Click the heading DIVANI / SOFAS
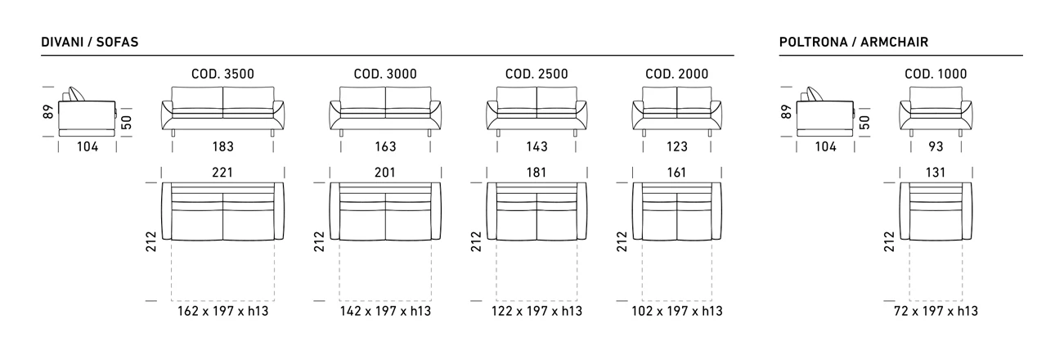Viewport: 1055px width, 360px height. coord(84,42)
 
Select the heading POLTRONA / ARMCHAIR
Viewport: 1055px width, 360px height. coord(854,42)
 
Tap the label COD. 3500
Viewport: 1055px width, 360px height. coord(222,74)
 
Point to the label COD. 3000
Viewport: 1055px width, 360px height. coord(385,74)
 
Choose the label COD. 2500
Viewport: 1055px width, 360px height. coord(536,74)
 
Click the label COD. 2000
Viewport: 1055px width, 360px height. coord(677,74)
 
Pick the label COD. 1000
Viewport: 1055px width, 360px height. coord(936,74)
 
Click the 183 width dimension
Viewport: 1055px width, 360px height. coord(222,147)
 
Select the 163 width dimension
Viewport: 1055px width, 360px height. coord(385,147)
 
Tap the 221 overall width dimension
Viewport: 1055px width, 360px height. coord(222,173)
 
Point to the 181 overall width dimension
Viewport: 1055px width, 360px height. coord(536,173)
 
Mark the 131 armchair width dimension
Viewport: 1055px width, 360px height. coord(936,173)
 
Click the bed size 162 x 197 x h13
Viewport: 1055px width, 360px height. coord(222,312)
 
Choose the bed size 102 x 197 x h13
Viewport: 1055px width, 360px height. coord(677,312)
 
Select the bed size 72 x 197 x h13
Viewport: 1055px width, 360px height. coord(936,312)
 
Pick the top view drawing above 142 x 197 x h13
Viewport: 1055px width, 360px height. coord(385,211)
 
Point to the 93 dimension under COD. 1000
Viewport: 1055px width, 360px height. coord(936,147)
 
